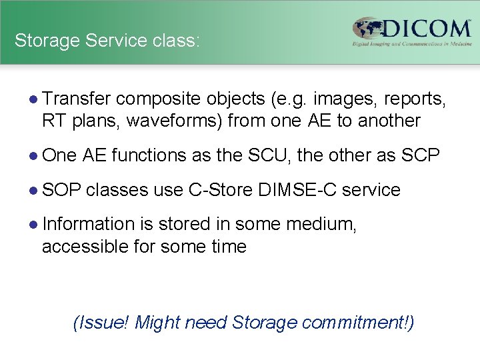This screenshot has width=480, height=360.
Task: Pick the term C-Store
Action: click(x=220, y=190)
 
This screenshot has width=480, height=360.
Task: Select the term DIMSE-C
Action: click(x=297, y=190)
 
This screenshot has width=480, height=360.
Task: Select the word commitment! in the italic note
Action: click(x=357, y=323)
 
